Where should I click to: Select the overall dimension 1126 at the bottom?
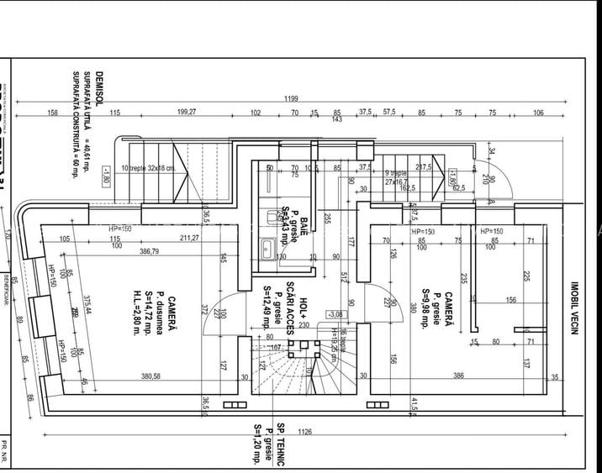[304, 432]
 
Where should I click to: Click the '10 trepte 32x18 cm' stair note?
[148, 167]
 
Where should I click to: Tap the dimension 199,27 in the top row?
[187, 112]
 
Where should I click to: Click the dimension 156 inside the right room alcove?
[510, 300]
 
